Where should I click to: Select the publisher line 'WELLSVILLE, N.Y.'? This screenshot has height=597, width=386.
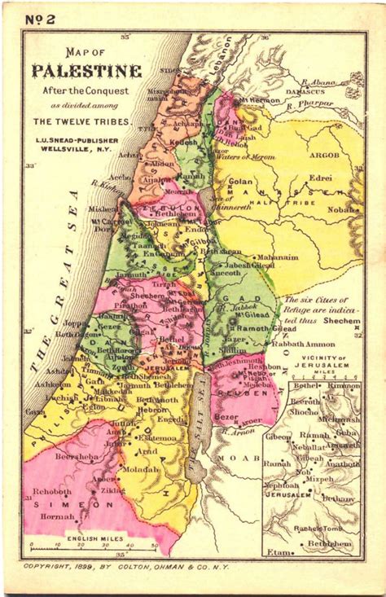coord(77,150)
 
